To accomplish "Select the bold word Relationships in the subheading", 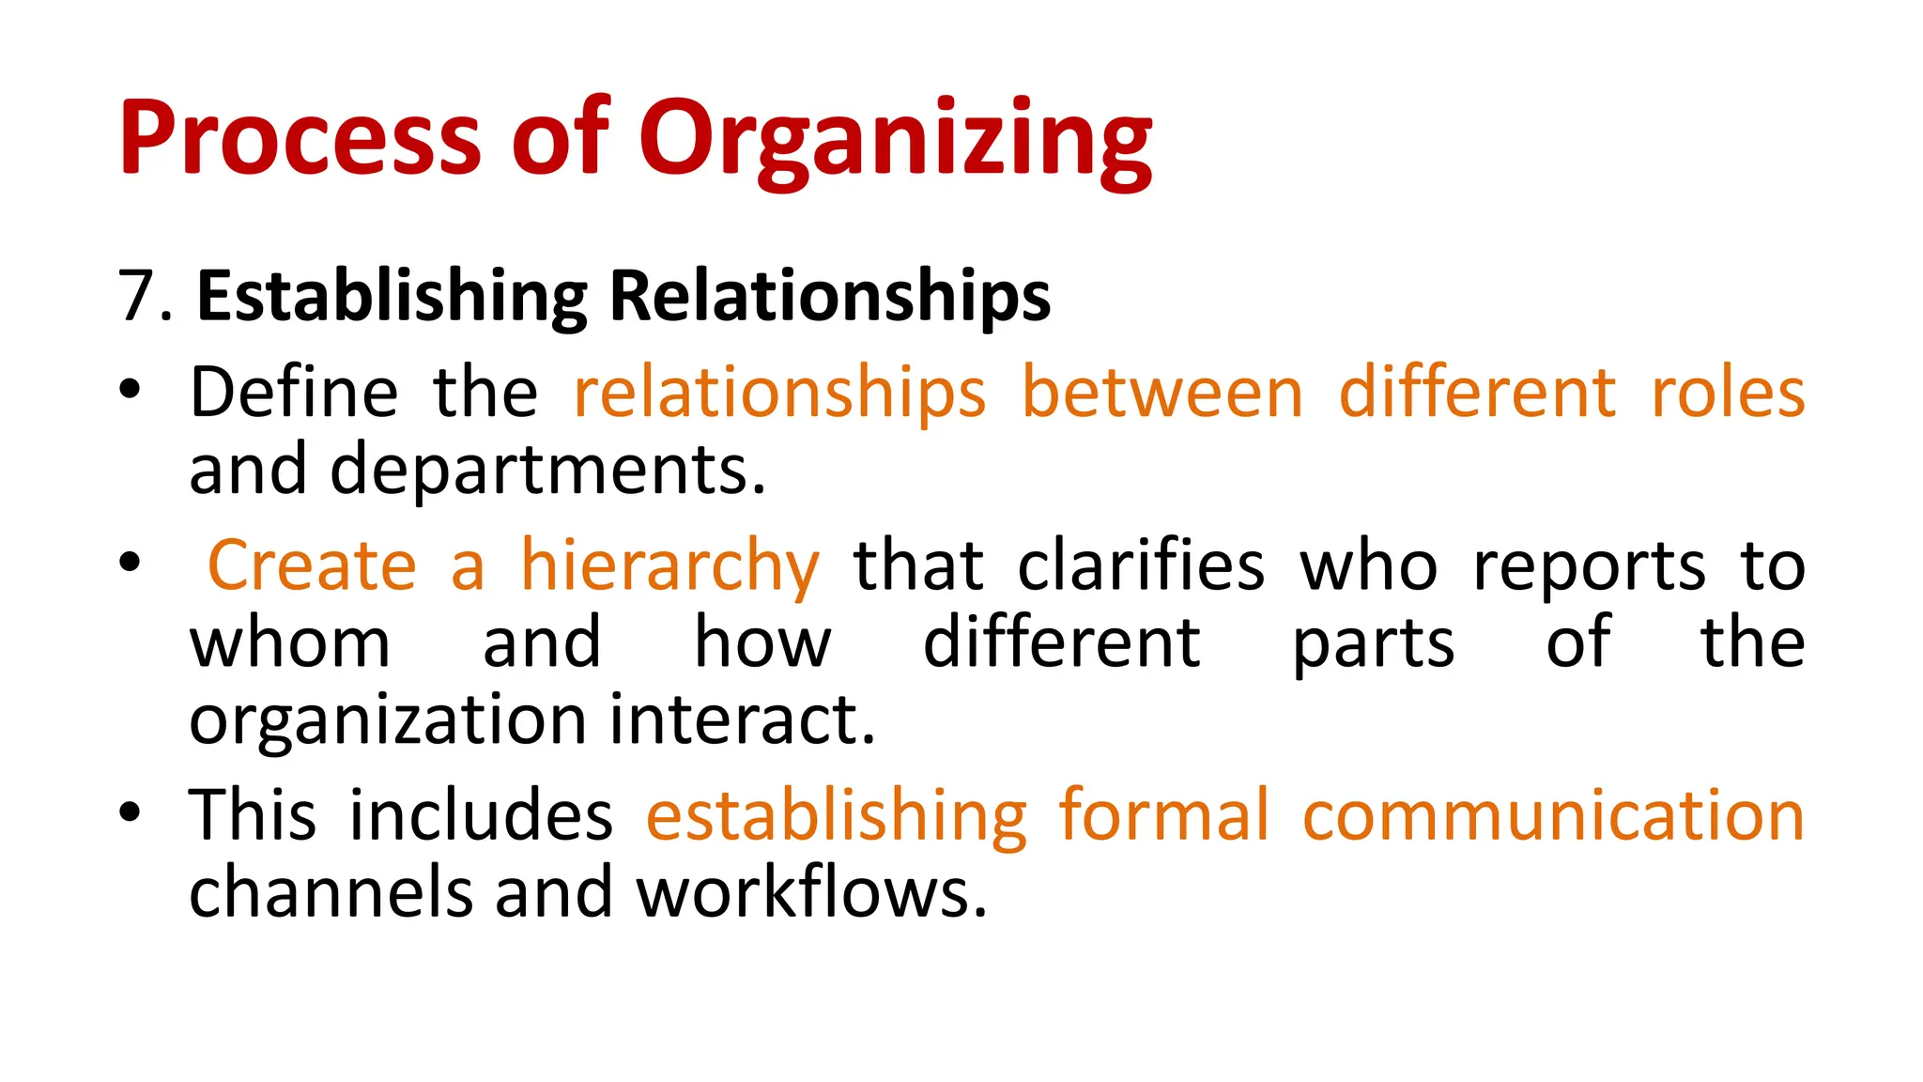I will (x=830, y=297).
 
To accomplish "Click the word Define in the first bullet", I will (x=294, y=392).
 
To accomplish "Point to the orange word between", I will (x=1162, y=392).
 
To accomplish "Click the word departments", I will (x=547, y=470).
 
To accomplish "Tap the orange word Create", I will (x=312, y=565).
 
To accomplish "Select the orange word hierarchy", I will (x=670, y=567).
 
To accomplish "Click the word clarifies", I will (x=1141, y=565).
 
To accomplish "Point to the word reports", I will (x=1589, y=567).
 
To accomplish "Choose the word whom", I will (x=290, y=643).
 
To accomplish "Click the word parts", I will (x=1373, y=645).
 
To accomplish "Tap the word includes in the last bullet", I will (x=481, y=814).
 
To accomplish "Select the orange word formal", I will (x=1164, y=814).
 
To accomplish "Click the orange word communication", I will (x=1553, y=814).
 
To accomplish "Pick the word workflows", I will (x=811, y=892).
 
